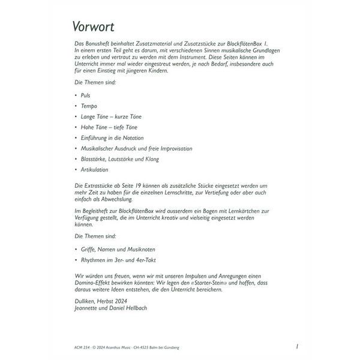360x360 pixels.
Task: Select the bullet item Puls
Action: (85, 95)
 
